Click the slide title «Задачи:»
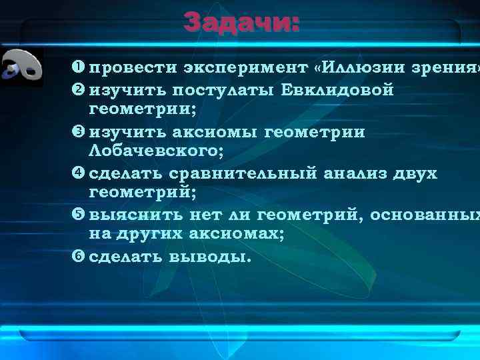click(x=242, y=22)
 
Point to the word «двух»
click(x=416, y=174)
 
